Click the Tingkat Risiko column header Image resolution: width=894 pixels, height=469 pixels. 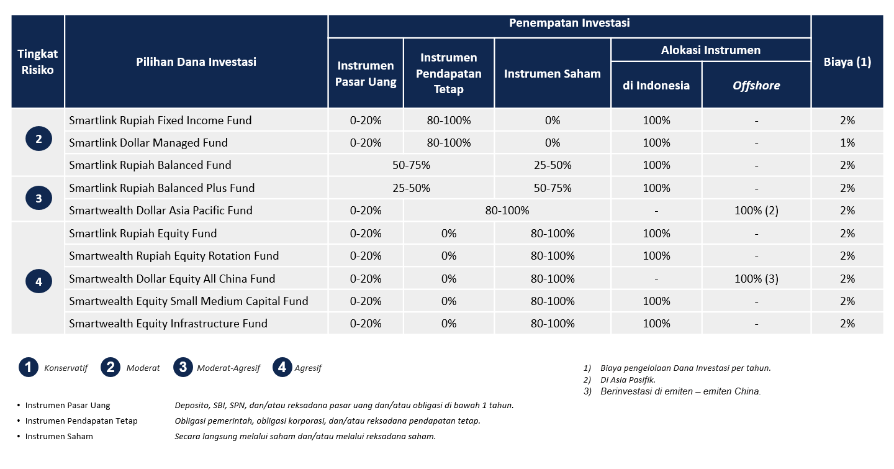click(37, 61)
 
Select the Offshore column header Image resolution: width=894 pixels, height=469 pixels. click(756, 86)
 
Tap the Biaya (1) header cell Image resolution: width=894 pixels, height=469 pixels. click(847, 62)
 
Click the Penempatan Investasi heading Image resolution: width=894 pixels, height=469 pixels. click(569, 23)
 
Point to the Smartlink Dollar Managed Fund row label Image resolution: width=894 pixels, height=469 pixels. click(148, 143)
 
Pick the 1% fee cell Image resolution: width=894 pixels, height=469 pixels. click(847, 143)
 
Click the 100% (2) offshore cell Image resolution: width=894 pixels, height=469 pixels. click(756, 211)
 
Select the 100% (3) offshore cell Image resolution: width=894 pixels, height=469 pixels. click(756, 279)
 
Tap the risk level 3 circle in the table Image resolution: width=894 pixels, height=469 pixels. click(38, 198)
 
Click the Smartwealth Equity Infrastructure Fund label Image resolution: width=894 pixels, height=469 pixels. click(168, 324)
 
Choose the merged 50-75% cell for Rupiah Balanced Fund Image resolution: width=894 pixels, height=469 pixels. click(411, 165)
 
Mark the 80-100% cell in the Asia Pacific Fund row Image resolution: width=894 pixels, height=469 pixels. click(507, 211)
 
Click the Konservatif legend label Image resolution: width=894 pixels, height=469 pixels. click(66, 368)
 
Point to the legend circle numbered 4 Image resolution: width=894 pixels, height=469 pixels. click(282, 367)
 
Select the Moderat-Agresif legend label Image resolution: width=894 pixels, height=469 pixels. click(228, 368)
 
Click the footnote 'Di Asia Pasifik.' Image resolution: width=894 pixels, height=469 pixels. click(628, 380)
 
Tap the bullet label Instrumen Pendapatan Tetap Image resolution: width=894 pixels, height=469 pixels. click(81, 421)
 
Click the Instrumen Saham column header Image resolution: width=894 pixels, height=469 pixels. click(552, 73)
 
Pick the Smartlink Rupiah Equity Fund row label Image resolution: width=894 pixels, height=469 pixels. click(143, 234)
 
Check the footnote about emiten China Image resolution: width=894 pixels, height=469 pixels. click(680, 391)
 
